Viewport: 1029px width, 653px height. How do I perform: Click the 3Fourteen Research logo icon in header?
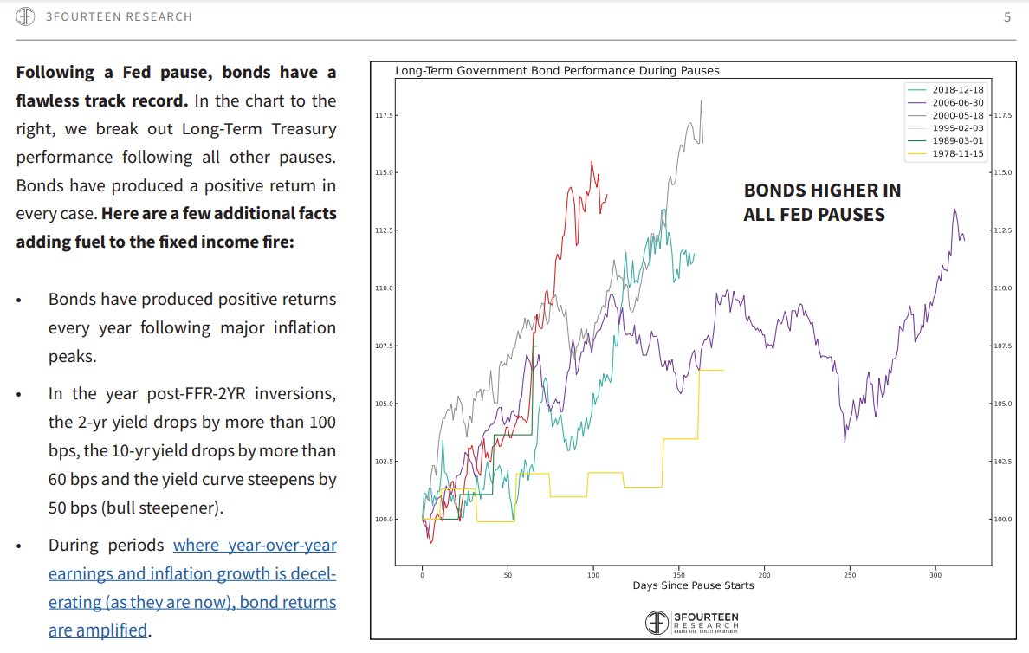pyautogui.click(x=25, y=16)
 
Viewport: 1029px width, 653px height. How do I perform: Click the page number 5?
pyautogui.click(x=1007, y=16)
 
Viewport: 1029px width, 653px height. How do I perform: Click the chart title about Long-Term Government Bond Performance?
pyautogui.click(x=557, y=71)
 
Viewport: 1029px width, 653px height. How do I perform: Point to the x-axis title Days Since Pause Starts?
pyautogui.click(x=693, y=585)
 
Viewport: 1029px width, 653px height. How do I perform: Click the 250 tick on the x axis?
pyautogui.click(x=850, y=574)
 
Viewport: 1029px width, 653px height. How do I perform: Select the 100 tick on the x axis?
pyautogui.click(x=593, y=574)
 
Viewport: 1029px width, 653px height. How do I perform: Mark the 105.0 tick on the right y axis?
pyautogui.click(x=1002, y=404)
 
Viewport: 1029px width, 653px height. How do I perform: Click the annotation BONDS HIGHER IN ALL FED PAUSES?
pyautogui.click(x=822, y=202)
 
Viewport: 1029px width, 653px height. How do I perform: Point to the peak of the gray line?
pyautogui.click(x=701, y=101)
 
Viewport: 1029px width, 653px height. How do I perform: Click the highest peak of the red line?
pyautogui.click(x=592, y=162)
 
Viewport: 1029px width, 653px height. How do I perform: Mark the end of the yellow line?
pyautogui.click(x=722, y=371)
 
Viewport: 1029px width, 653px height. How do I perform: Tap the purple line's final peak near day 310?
pyautogui.click(x=955, y=210)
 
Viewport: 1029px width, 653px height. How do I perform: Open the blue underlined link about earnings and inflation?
pyautogui.click(x=192, y=587)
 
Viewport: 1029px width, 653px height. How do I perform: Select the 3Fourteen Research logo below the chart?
pyautogui.click(x=693, y=621)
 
